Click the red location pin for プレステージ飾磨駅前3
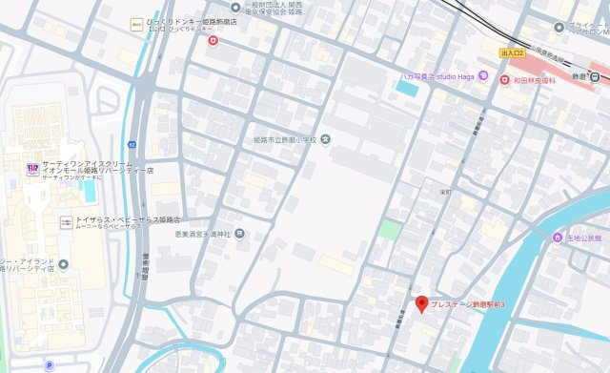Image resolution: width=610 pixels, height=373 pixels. tap(421, 303)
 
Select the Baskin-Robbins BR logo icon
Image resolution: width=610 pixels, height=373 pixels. tap(32, 168)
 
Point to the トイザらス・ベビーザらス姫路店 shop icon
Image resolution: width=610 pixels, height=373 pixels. tap(67, 221)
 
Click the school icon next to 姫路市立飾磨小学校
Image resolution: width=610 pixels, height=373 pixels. tap(327, 138)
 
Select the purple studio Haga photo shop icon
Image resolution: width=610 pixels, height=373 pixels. tap(483, 75)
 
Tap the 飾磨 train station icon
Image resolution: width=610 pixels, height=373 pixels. tap(594, 77)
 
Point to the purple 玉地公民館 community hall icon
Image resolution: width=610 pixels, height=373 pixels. tap(556, 238)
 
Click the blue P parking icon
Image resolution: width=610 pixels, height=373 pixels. tap(48, 365)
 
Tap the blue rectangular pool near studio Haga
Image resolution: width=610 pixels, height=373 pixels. tap(407, 89)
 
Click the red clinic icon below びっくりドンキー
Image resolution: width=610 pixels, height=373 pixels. tap(213, 40)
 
